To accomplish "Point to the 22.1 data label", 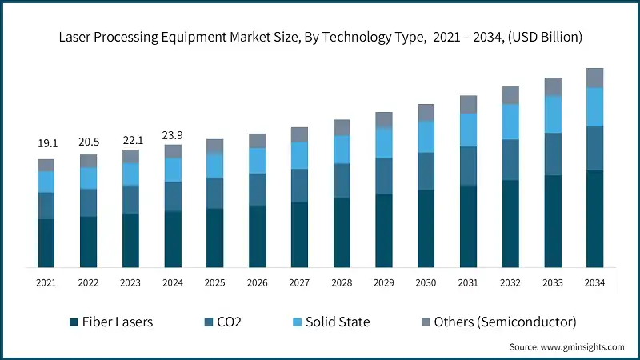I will [x=130, y=139].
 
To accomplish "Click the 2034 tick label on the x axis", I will [x=594, y=283].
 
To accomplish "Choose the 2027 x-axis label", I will [x=299, y=283].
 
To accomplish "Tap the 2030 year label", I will [x=426, y=283].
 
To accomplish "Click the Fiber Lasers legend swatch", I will [x=72, y=322].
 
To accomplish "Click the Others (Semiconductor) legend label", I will [x=505, y=322].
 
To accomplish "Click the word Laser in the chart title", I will [x=75, y=37].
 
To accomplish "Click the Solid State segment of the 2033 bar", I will [x=552, y=114].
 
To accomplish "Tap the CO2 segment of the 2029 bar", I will [x=383, y=176].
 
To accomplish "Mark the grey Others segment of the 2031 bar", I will [x=468, y=104].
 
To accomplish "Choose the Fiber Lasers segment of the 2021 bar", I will [x=46, y=243].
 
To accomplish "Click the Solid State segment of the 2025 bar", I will [x=214, y=165].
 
